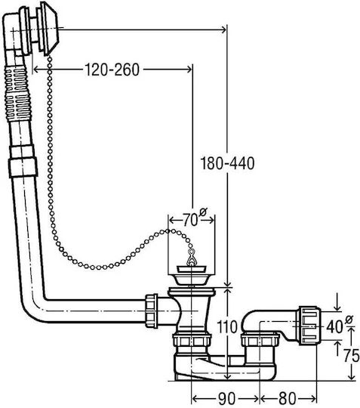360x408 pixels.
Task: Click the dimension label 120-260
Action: [x=112, y=70]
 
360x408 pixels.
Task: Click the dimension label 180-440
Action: [x=227, y=163]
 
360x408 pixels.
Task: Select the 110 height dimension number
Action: [x=227, y=327]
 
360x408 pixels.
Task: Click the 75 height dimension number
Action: [x=351, y=355]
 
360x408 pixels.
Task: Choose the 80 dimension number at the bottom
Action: [x=288, y=398]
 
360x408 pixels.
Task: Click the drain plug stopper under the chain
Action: [x=191, y=275]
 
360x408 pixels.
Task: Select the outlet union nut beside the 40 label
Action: [x=309, y=326]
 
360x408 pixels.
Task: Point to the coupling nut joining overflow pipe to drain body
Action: [x=152, y=311]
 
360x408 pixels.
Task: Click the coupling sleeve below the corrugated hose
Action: [x=23, y=162]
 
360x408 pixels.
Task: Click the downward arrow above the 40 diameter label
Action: [x=337, y=301]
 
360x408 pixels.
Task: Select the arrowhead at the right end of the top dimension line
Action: [x=223, y=29]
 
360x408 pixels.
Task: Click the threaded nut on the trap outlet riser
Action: [x=260, y=339]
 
